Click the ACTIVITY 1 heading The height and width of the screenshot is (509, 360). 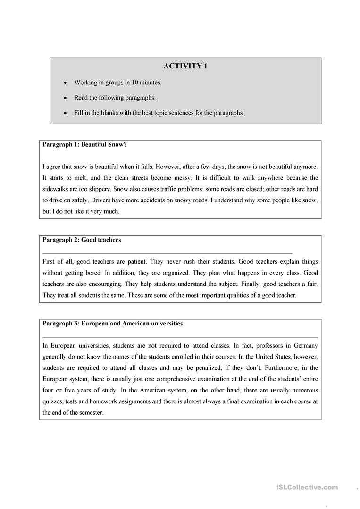185,66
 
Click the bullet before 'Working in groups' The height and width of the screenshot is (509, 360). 65,83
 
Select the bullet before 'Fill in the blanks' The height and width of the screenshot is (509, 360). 65,113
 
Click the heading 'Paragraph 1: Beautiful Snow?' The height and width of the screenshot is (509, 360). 84,145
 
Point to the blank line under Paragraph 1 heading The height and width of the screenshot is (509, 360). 167,158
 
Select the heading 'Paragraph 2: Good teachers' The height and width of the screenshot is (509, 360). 82,240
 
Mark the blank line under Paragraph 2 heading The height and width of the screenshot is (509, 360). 167,253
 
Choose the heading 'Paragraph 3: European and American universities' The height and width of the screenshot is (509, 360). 112,324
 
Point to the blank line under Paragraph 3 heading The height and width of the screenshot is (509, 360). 180,337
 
